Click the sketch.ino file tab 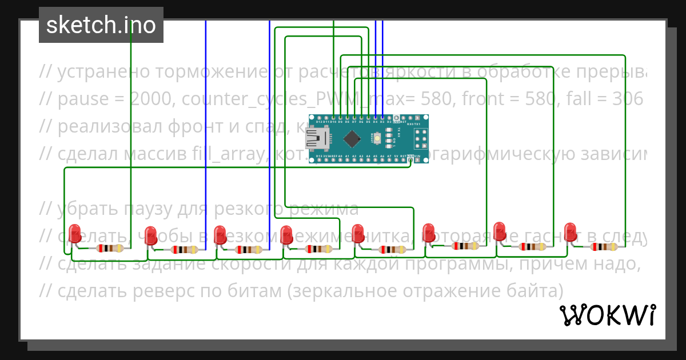101,25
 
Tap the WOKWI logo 607,315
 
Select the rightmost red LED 570,232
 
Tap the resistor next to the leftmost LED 109,248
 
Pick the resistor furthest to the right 604,247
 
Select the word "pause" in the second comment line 83,99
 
